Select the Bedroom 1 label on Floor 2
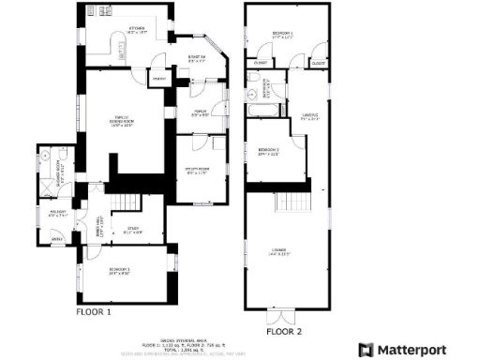pyautogui.click(x=282, y=35)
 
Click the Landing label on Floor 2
pyautogui.click(x=310, y=117)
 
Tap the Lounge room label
pyautogui.click(x=279, y=251)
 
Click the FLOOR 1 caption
pyautogui.click(x=94, y=311)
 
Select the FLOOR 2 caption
pyautogui.click(x=284, y=331)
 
